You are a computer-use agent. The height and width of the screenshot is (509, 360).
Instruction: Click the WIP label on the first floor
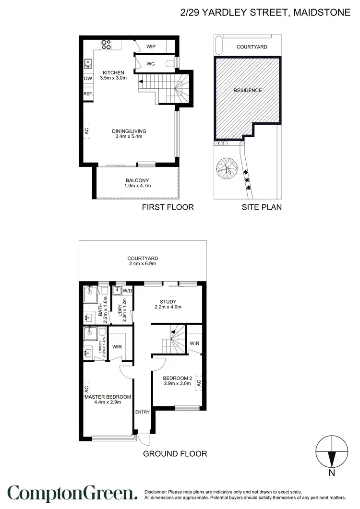coord(151,47)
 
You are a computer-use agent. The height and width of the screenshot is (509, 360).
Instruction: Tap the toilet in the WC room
coord(169,63)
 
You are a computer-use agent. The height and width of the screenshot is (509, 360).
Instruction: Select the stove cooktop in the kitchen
coord(106,45)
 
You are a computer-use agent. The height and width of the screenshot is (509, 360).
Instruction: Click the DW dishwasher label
coord(88,79)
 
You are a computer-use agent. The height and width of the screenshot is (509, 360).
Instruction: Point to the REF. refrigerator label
coord(88,94)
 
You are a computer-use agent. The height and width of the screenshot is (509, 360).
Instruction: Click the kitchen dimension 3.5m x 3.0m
coord(113,78)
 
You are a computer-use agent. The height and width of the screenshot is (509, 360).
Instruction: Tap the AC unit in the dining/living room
coord(87,130)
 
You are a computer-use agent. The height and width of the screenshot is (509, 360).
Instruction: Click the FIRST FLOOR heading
coord(168,207)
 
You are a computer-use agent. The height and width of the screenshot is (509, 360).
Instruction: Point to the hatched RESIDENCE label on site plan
coord(248,90)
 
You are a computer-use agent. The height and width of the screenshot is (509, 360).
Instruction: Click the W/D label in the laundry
coord(127,291)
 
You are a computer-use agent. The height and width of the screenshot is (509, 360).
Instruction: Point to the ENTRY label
coord(143,412)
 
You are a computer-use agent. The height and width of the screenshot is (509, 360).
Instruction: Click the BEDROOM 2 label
coord(177,377)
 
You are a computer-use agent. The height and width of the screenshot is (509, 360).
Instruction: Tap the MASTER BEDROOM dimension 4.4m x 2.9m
coord(108,402)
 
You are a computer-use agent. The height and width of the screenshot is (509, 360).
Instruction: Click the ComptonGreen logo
coord(72,494)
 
